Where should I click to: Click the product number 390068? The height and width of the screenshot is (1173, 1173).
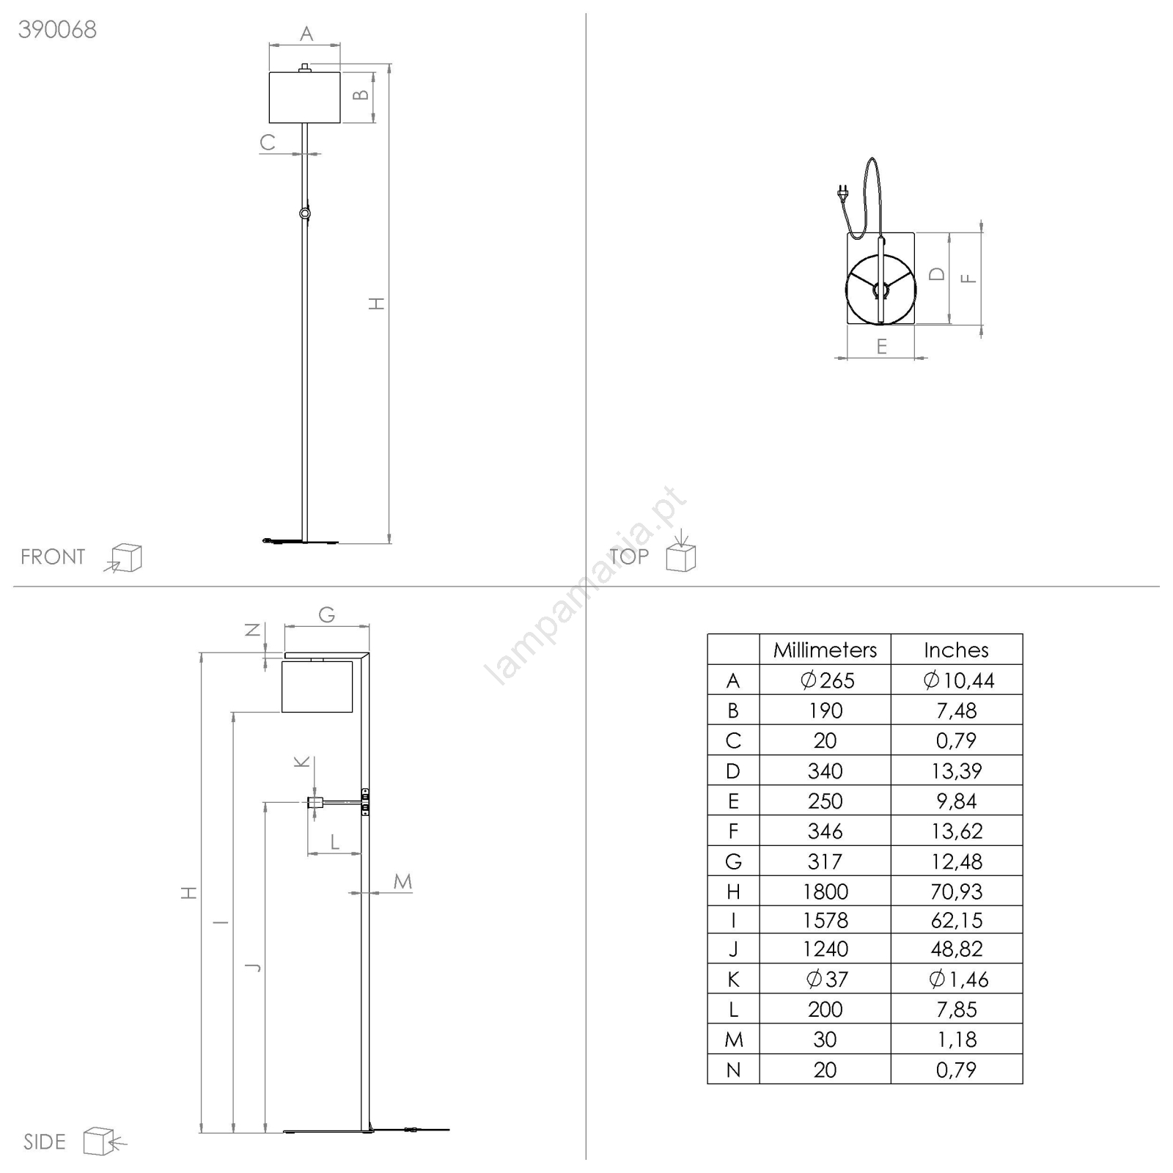(x=57, y=29)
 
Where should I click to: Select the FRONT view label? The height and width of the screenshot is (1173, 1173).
(x=53, y=557)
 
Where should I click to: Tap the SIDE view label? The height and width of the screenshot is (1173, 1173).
(x=44, y=1141)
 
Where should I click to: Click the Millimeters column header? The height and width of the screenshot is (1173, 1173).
(x=825, y=650)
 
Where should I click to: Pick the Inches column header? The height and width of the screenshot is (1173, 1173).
(x=956, y=650)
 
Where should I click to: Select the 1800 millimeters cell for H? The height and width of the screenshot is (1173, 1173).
(x=825, y=891)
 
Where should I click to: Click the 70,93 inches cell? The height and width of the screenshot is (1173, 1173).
(x=956, y=891)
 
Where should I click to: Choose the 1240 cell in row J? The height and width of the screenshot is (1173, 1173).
(x=825, y=949)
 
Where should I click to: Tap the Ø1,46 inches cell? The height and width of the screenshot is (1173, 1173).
(x=958, y=979)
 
